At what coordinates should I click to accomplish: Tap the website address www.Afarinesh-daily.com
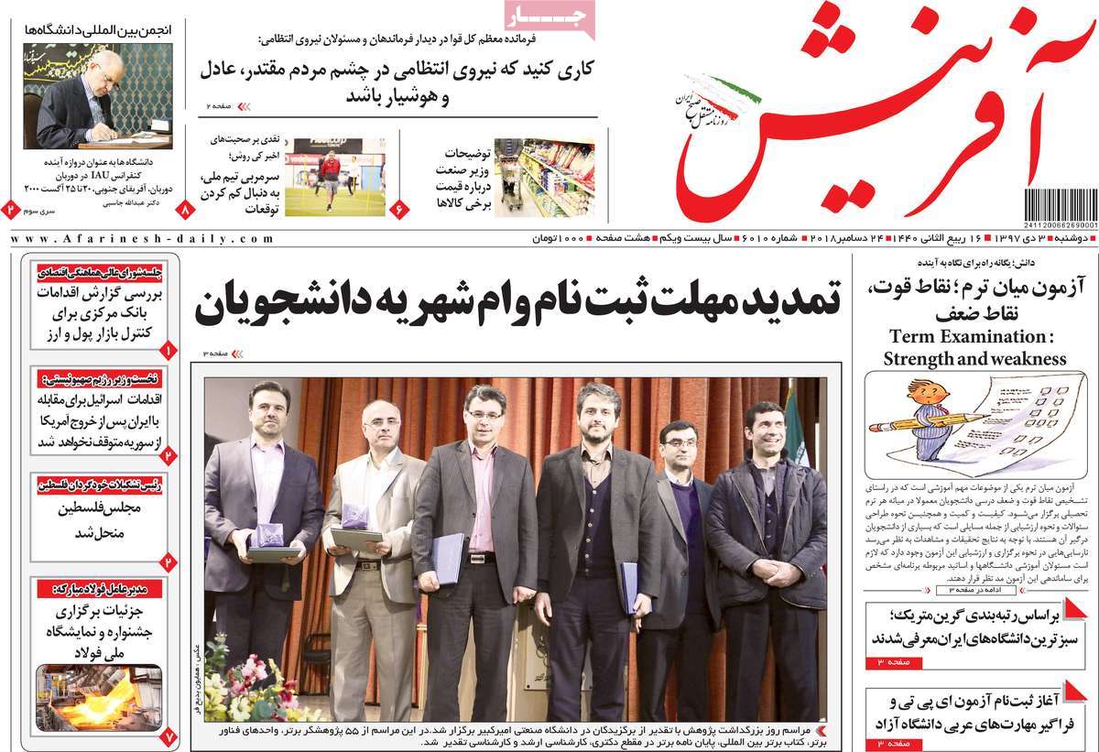(x=141, y=238)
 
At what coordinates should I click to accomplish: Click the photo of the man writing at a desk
(x=96, y=95)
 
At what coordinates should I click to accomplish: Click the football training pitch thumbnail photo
(x=334, y=177)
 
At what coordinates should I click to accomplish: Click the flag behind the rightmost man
(x=793, y=430)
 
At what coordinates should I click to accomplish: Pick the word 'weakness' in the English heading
(x=1025, y=358)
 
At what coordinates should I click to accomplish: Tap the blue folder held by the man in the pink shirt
(x=449, y=558)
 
